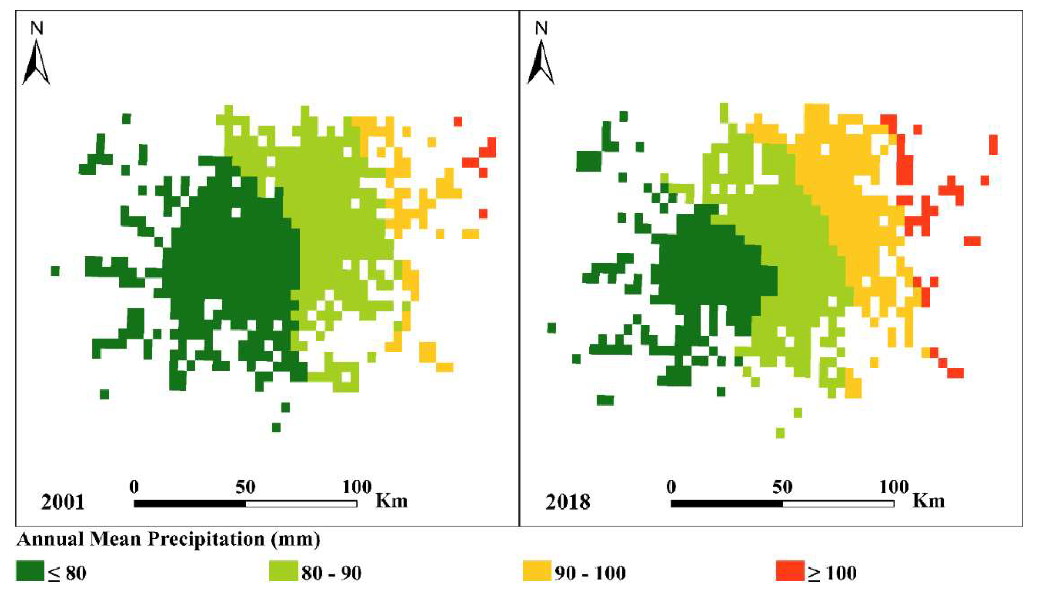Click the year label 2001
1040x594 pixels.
coord(62,502)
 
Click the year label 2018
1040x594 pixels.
coord(568,502)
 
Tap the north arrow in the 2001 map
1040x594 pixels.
coord(36,63)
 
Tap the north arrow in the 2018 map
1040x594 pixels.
coord(541,63)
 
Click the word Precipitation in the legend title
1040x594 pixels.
coord(206,539)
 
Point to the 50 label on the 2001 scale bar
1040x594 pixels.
coord(245,487)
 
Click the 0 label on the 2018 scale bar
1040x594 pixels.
coord(671,487)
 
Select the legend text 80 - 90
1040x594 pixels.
coord(331,573)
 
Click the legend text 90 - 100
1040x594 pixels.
coord(590,573)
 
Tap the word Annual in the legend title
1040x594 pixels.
coord(51,539)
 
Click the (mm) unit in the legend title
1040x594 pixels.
coord(295,539)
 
